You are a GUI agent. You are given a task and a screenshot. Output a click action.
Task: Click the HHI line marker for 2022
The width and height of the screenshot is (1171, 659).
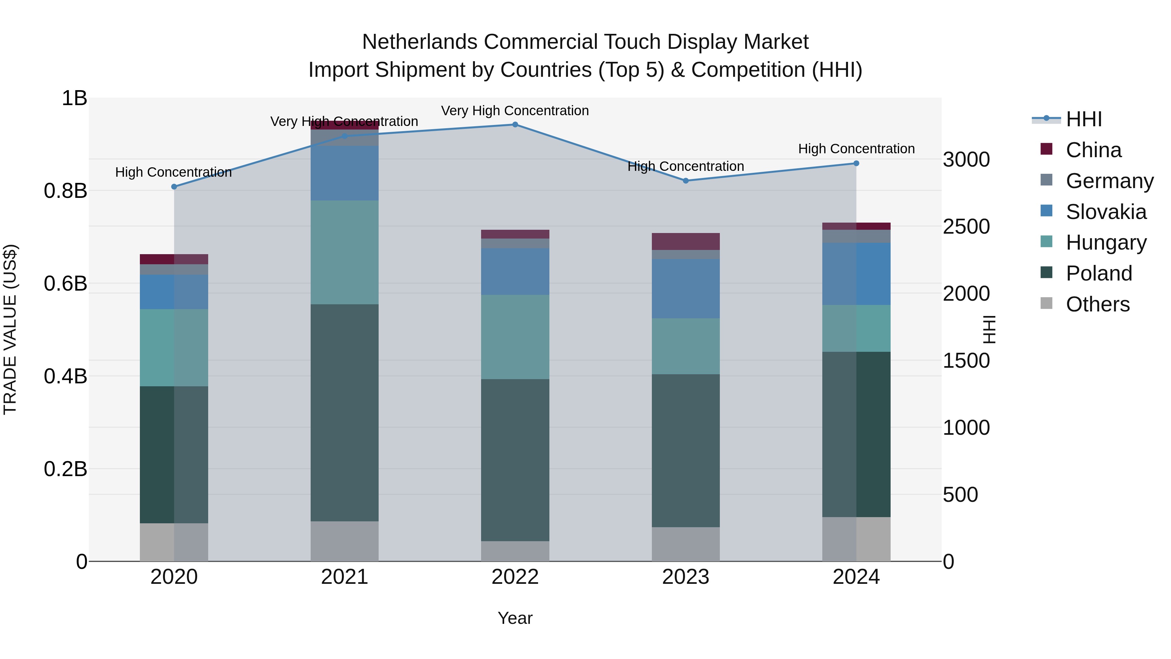[x=515, y=125]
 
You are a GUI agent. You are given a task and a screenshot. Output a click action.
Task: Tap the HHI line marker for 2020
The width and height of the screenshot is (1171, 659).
[x=174, y=187]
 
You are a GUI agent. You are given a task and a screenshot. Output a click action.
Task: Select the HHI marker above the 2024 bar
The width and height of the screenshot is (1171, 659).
[x=856, y=163]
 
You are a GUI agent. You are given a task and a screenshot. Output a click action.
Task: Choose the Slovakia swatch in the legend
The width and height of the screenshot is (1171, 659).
[x=1046, y=211]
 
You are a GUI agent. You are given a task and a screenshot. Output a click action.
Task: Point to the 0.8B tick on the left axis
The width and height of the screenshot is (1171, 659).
[x=65, y=191]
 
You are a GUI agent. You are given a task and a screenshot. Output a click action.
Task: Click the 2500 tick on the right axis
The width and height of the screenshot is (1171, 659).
[x=966, y=227]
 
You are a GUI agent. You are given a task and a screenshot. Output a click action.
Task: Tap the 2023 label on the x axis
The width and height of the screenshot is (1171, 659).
[x=685, y=577]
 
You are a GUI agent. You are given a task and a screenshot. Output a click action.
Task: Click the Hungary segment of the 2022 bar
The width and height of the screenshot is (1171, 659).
[x=515, y=337]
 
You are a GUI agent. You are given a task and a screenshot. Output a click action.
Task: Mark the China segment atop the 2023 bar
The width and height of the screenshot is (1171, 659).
[x=685, y=241]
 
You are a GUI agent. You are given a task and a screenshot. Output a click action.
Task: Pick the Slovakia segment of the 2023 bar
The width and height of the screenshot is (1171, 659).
[x=685, y=289]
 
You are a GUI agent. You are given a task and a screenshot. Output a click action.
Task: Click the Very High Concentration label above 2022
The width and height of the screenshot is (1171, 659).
[x=515, y=111]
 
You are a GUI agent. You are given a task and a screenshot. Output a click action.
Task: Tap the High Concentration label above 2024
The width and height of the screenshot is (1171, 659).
[x=856, y=149]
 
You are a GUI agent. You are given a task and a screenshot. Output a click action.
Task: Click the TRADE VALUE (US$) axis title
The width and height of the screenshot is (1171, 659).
[x=10, y=329]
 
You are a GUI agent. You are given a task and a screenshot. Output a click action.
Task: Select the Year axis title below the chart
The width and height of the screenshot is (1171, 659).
[x=515, y=618]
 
